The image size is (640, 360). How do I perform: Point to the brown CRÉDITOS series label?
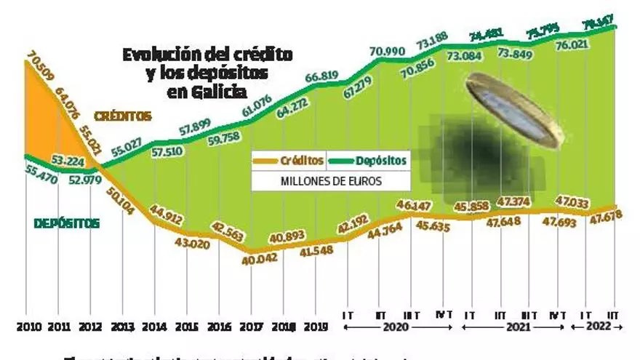pyautogui.click(x=123, y=116)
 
